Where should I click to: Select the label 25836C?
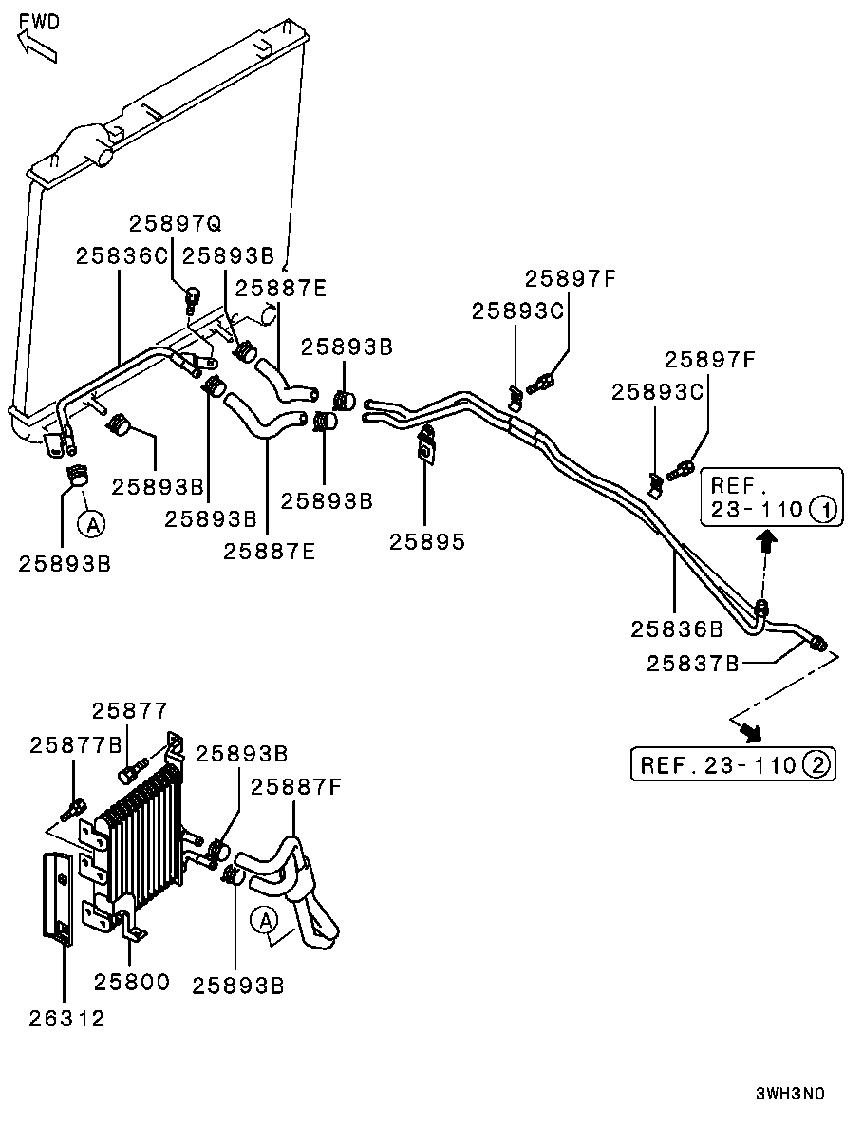[x=122, y=255]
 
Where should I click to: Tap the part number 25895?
[x=426, y=541]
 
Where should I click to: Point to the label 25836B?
[x=677, y=629]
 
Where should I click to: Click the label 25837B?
[x=693, y=663]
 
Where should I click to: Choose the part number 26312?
[x=66, y=1019]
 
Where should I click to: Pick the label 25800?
[x=131, y=981]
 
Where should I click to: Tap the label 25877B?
[x=76, y=745]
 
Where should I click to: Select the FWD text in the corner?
[x=39, y=22]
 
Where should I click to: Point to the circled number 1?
[x=824, y=510]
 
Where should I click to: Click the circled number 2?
[x=816, y=764]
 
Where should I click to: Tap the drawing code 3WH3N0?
[x=790, y=1094]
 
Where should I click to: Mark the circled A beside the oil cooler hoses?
[x=264, y=918]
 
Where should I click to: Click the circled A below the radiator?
[x=90, y=521]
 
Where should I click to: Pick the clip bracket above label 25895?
[x=427, y=443]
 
